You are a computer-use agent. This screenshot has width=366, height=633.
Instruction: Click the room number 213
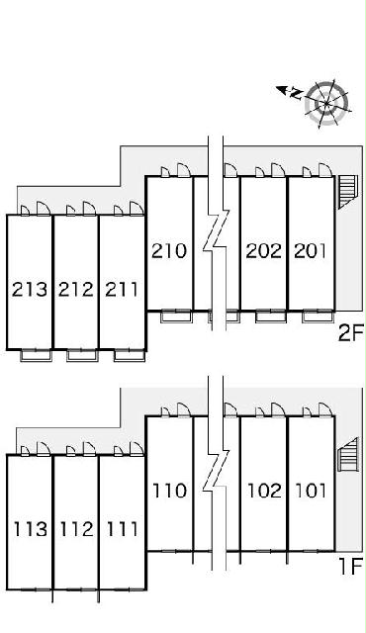pos(29,290)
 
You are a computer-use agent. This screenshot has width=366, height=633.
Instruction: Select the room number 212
pos(76,290)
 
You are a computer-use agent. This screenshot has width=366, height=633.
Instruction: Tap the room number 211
pos(121,290)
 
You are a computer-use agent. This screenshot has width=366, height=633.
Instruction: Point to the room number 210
pos(169,251)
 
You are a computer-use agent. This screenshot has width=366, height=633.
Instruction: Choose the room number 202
pos(263,251)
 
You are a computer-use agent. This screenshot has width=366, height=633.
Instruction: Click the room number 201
pos(310,251)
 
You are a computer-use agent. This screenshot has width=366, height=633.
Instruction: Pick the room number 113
pos(31,529)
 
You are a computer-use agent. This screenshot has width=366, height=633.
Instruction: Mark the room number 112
pos(77,529)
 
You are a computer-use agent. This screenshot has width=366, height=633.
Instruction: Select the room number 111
pos(122,529)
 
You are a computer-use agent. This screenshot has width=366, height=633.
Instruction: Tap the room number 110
pos(170,491)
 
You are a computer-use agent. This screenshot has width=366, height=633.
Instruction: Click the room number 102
pos(264,491)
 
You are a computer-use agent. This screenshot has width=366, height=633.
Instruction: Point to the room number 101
pos(311,491)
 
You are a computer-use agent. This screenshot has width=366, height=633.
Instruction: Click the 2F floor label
pos(350,333)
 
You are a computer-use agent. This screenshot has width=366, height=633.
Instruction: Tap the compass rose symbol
pos(326,103)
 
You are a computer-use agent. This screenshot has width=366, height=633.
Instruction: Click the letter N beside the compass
pos(297,94)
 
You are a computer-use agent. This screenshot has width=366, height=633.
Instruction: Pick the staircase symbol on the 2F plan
pos(347,191)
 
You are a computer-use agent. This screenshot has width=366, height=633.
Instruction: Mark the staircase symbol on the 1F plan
pos(348,455)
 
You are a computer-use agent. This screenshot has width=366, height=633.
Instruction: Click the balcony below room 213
pos(37,356)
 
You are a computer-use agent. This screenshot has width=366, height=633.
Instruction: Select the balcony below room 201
pos(318,316)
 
